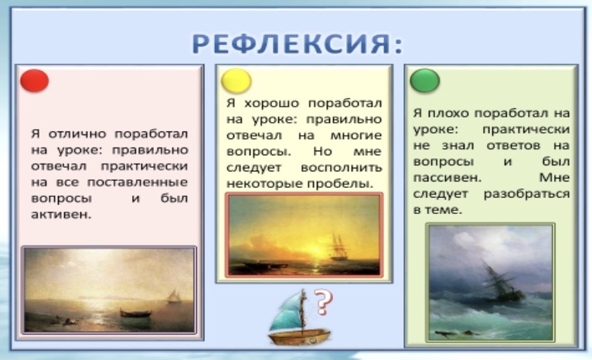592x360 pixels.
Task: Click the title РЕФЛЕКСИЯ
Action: (x=298, y=44)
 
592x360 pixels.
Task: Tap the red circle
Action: (x=34, y=81)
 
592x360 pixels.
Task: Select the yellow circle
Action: (x=236, y=81)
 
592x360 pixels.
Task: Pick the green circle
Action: (x=425, y=80)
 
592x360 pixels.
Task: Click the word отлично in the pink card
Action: (x=77, y=134)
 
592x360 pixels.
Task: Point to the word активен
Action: (x=61, y=215)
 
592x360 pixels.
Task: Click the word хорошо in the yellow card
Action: (x=271, y=103)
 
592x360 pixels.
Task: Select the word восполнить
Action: (x=342, y=168)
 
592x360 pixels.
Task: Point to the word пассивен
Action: (x=447, y=178)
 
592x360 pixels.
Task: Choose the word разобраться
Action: (x=526, y=194)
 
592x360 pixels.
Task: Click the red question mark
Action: (x=324, y=302)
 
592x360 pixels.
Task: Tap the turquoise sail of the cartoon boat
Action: (x=286, y=314)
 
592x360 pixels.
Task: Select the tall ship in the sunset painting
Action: (x=339, y=247)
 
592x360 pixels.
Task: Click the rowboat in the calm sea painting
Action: (x=135, y=313)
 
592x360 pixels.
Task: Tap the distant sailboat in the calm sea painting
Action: (x=173, y=295)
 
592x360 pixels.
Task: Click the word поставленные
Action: (x=138, y=182)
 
